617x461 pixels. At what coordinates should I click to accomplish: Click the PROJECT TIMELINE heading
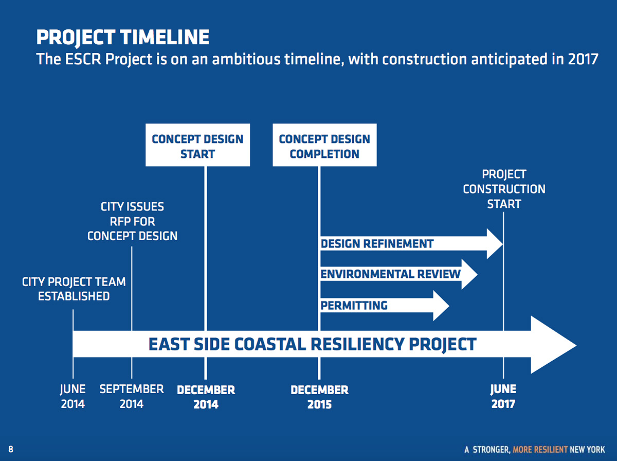pyautogui.click(x=122, y=38)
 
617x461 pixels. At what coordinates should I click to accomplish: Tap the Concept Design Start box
pyautogui.click(x=197, y=145)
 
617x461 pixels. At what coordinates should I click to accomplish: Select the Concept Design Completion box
pyautogui.click(x=324, y=145)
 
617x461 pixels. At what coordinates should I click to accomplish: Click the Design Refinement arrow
pyautogui.click(x=411, y=244)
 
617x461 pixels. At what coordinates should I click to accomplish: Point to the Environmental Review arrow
pyautogui.click(x=399, y=274)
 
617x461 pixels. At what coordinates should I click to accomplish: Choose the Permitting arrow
pyautogui.click(x=385, y=306)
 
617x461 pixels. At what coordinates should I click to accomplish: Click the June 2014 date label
pyautogui.click(x=73, y=397)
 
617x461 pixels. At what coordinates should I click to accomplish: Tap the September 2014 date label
pyautogui.click(x=132, y=397)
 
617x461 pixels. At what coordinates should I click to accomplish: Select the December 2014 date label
pyautogui.click(x=206, y=397)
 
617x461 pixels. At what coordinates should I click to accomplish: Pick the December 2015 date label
pyautogui.click(x=320, y=397)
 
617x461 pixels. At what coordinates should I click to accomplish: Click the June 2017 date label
pyautogui.click(x=503, y=397)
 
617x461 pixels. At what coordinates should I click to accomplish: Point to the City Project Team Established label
pyautogui.click(x=74, y=289)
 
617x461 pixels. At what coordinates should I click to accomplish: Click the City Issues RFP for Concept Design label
pyautogui.click(x=132, y=221)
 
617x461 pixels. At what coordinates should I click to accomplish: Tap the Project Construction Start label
pyautogui.click(x=504, y=189)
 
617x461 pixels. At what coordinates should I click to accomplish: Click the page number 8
pyautogui.click(x=11, y=449)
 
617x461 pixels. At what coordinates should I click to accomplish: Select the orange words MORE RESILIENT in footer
pyautogui.click(x=540, y=450)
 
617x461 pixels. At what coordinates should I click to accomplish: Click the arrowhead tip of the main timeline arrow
pyautogui.click(x=576, y=345)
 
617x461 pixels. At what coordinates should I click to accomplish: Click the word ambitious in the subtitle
pyautogui.click(x=246, y=59)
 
